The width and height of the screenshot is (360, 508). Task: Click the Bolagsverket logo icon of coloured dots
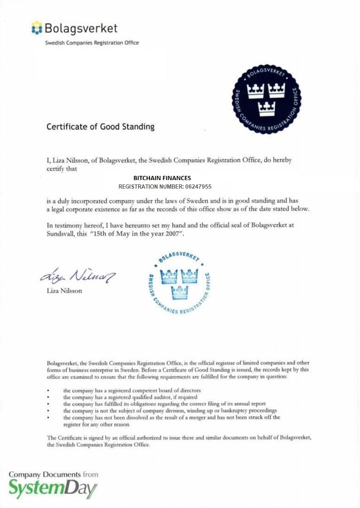click(x=37, y=28)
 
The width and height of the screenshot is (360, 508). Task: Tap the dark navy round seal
click(x=266, y=99)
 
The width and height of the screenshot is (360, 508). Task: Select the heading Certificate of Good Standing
click(x=100, y=127)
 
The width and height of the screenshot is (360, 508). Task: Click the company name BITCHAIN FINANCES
click(x=162, y=178)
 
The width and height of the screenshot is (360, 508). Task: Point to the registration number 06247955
click(x=198, y=187)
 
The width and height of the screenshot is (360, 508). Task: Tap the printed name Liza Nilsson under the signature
click(x=64, y=291)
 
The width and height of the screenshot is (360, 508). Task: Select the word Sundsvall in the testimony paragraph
click(x=61, y=234)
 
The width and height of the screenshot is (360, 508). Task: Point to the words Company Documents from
click(x=53, y=474)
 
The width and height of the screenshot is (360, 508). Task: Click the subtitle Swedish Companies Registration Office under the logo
click(x=92, y=43)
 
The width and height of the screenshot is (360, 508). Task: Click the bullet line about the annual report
click(x=164, y=404)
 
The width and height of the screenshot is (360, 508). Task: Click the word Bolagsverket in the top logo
click(x=81, y=28)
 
